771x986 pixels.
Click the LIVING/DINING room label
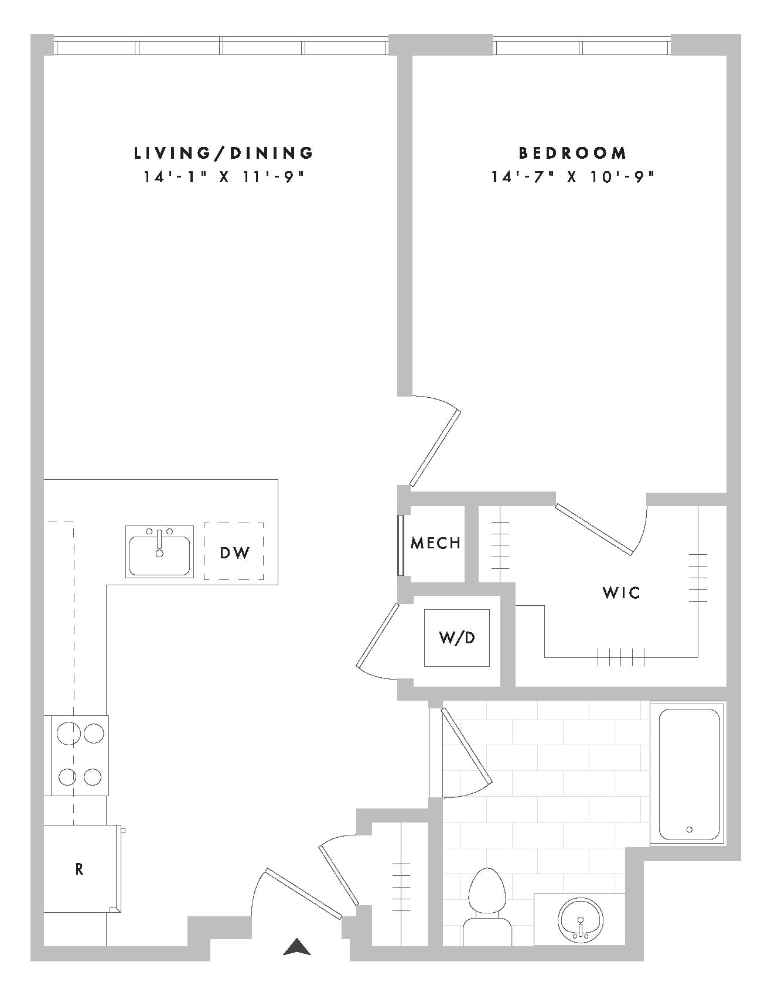point(224,153)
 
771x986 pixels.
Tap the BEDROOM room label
point(573,153)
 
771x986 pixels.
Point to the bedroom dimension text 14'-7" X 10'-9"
point(572,177)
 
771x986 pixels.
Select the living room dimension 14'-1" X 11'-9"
point(224,177)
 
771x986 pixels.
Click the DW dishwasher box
point(234,551)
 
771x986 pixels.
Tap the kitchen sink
point(159,552)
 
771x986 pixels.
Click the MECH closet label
point(435,543)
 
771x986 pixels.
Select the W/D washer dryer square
point(457,637)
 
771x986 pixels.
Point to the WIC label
point(622,593)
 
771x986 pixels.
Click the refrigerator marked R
point(82,869)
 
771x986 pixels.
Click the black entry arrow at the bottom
point(296,947)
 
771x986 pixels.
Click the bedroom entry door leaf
point(435,448)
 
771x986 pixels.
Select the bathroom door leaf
point(467,746)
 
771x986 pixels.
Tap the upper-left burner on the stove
point(69,733)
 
